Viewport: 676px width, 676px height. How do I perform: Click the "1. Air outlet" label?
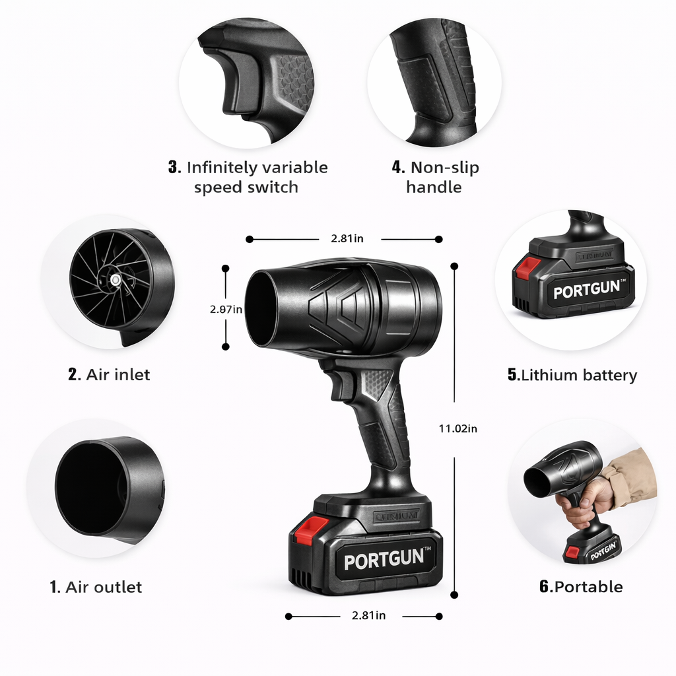96,587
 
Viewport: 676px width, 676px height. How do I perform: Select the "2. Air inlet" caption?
109,375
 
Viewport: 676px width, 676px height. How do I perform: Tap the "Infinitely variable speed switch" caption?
248,177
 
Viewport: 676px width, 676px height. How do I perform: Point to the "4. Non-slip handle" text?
435,177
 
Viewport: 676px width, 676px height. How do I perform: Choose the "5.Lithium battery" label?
572,376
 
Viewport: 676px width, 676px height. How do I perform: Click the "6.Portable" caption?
581,587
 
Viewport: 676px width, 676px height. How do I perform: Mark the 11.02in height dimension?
457,428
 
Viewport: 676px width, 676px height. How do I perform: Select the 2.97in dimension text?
226,309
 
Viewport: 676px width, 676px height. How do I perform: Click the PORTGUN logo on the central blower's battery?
384,560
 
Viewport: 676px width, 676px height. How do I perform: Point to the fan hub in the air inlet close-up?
116,281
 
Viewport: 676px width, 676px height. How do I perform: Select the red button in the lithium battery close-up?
528,268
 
